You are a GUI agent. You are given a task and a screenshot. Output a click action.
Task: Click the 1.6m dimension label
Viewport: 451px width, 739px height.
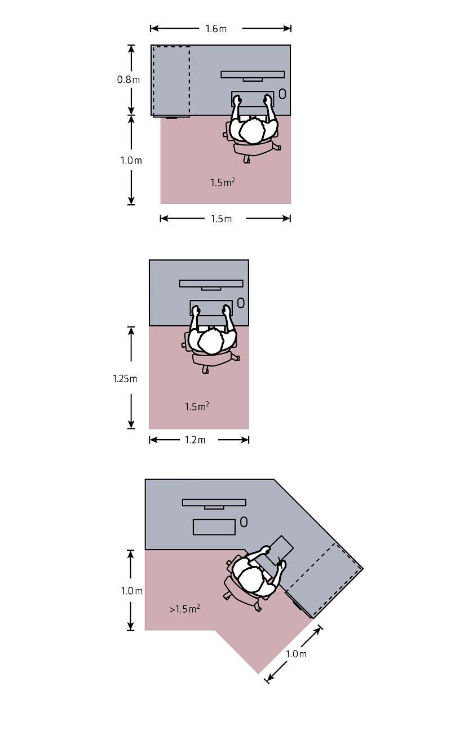[x=216, y=29]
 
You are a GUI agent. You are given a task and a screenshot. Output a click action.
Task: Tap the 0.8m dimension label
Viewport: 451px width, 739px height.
[x=129, y=79]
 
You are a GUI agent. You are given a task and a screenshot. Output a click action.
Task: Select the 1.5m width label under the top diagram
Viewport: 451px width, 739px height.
[x=221, y=219]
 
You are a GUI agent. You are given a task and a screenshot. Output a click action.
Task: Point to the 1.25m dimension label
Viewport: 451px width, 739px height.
[x=125, y=378]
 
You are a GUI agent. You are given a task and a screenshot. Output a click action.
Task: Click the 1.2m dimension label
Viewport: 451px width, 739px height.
[x=195, y=440]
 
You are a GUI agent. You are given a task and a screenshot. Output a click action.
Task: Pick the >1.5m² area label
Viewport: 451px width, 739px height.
[x=184, y=609]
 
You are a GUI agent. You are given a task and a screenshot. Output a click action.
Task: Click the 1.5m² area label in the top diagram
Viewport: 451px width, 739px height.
[x=223, y=182]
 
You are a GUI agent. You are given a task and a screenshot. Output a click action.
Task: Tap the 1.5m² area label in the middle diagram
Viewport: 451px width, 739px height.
[x=197, y=406]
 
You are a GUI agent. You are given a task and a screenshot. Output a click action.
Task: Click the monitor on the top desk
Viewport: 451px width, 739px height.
[x=253, y=76]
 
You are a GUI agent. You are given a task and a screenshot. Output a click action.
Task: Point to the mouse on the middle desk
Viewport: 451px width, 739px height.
[x=241, y=303]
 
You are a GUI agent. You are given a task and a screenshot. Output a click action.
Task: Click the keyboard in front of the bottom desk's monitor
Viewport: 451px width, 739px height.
[x=214, y=527]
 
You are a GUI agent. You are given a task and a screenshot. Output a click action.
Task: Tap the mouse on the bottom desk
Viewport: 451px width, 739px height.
[x=244, y=522]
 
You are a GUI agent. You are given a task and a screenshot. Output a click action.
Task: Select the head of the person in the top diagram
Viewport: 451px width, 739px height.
[x=252, y=131]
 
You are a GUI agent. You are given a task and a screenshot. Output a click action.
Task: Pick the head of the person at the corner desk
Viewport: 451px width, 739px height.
[x=251, y=579]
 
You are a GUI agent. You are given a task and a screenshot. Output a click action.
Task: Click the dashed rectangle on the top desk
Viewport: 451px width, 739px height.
[x=171, y=81]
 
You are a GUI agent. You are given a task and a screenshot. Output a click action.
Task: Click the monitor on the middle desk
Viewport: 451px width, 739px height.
[x=211, y=285]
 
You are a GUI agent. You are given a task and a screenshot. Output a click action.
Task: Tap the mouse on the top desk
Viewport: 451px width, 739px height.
[x=282, y=94]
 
